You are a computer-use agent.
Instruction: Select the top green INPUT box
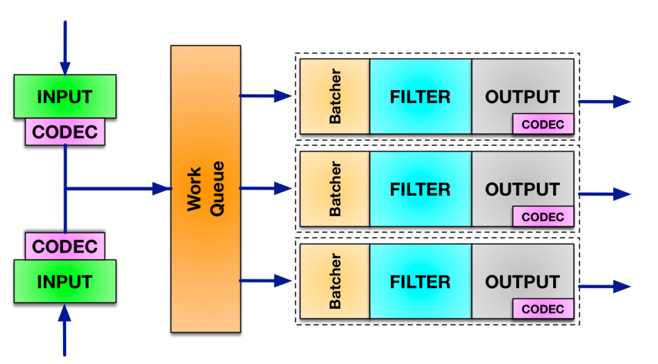[x=65, y=96]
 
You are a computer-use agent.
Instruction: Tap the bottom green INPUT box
[x=65, y=282]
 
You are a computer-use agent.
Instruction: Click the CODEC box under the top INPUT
[x=65, y=132]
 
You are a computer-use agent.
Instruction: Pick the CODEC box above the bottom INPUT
[x=65, y=246]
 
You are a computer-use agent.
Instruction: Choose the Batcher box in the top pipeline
[x=335, y=96]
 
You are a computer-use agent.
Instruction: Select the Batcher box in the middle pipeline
[x=335, y=189]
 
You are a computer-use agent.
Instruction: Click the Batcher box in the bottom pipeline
[x=335, y=282]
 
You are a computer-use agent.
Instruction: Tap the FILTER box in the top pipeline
[x=420, y=96]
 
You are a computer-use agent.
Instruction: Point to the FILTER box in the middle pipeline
[x=420, y=189]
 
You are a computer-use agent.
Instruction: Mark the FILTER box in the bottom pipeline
[x=420, y=282]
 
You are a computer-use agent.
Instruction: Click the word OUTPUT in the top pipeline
[x=522, y=96]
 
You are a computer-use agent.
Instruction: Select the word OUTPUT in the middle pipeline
[x=522, y=189]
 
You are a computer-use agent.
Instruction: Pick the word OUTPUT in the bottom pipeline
[x=522, y=282]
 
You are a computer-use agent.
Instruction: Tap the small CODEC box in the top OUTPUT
[x=543, y=124]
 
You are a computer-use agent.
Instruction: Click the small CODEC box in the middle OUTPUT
[x=543, y=217]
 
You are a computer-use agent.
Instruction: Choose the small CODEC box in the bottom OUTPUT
[x=543, y=309]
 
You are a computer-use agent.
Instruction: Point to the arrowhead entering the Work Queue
[x=163, y=189]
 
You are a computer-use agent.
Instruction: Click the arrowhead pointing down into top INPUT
[x=65, y=67]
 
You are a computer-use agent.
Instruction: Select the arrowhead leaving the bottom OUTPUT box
[x=622, y=286]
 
